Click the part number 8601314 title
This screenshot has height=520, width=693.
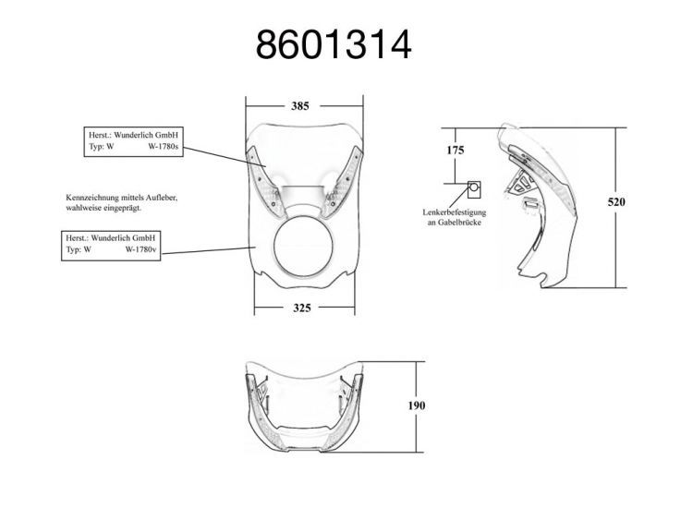pyautogui.click(x=334, y=44)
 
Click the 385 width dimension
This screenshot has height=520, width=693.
pyautogui.click(x=300, y=106)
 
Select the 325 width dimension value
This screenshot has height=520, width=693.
pyautogui.click(x=300, y=308)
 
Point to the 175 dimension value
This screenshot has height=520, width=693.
pyautogui.click(x=455, y=150)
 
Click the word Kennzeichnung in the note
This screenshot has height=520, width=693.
pyautogui.click(x=90, y=198)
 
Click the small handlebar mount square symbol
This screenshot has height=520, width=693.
pyautogui.click(x=474, y=187)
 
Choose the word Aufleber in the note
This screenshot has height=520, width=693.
pyautogui.click(x=161, y=198)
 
